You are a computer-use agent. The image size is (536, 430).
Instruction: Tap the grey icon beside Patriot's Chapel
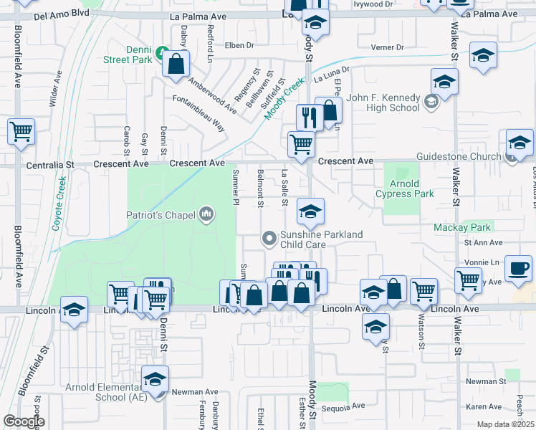(x=206, y=213)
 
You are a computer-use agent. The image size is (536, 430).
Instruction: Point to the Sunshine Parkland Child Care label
(x=321, y=239)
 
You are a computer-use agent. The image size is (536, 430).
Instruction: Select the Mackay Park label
(x=462, y=227)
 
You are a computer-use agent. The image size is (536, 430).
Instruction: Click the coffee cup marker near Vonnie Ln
(x=519, y=269)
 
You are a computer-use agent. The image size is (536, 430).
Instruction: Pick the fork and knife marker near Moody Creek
(x=310, y=116)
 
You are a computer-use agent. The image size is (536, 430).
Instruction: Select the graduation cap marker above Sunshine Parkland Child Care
(x=310, y=211)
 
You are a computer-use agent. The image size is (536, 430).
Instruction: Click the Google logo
(x=24, y=421)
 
